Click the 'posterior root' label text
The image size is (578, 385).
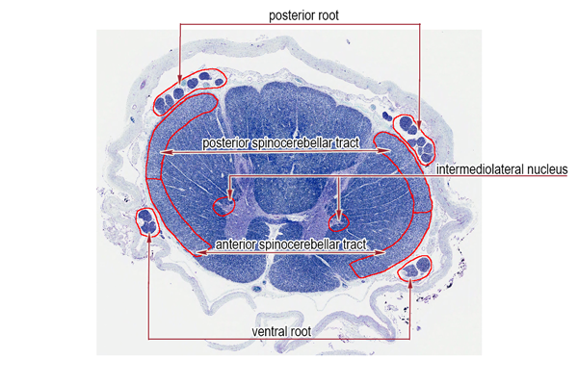tap(303, 15)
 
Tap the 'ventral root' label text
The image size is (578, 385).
tap(281, 331)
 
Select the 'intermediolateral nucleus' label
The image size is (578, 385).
tap(502, 169)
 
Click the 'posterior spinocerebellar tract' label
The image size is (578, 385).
tap(280, 143)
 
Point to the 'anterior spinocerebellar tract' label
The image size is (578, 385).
tap(291, 244)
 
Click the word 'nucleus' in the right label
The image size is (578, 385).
tap(547, 169)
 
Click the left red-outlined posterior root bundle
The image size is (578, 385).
tap(190, 91)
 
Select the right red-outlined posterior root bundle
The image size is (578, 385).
tap(414, 139)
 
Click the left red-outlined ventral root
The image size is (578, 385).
tap(147, 222)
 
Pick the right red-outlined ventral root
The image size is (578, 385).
tap(415, 269)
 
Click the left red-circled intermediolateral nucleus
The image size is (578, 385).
tap(223, 206)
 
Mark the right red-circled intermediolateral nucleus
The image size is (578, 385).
tap(338, 222)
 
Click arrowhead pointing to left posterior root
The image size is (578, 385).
tap(180, 80)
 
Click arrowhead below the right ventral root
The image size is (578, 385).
tap(410, 284)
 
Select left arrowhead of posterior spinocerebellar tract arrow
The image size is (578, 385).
tap(165, 152)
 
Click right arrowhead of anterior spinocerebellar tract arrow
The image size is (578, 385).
tap(381, 252)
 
